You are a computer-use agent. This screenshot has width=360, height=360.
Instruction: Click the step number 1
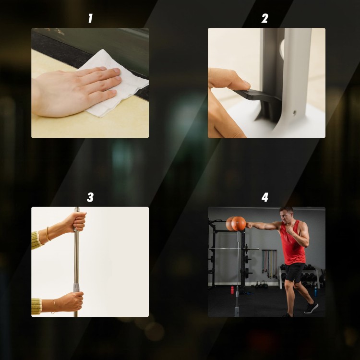90,18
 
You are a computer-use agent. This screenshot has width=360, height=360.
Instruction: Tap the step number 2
264,18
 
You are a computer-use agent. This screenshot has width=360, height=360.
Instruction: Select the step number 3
90,197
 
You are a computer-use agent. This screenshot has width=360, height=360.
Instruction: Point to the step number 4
264,197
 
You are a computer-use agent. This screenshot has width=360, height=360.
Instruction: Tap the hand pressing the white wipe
76,92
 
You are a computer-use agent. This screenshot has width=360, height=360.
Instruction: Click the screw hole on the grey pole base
294,112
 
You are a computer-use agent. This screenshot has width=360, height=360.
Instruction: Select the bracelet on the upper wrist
48,234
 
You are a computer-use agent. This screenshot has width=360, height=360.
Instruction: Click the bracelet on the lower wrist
54,307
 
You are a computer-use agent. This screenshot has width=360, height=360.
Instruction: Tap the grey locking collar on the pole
76,288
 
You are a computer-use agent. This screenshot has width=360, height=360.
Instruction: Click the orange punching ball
238,223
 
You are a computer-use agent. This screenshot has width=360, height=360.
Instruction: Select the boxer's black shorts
295,273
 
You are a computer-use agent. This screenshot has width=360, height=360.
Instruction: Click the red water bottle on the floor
232,289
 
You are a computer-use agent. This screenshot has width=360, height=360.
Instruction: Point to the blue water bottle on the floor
316,291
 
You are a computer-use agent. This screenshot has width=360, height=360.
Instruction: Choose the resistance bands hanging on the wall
270,263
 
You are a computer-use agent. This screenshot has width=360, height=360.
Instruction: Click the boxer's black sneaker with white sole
311,308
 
